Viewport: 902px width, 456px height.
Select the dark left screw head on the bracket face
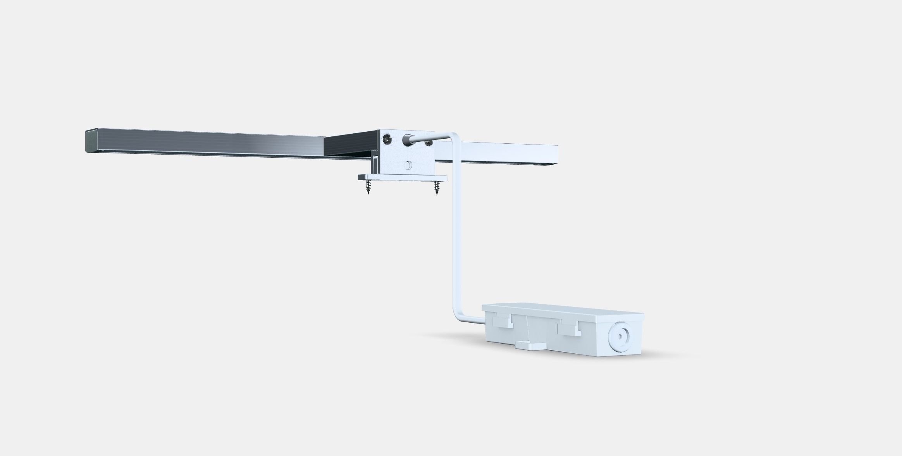pos(386,138)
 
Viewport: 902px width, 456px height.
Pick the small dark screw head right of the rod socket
pos(428,143)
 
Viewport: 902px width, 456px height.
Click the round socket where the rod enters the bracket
pos(407,140)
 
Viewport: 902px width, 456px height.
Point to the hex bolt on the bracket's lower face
pos(407,165)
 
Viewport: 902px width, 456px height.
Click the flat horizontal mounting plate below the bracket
pos(402,178)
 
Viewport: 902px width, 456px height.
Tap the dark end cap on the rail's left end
pos(89,141)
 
